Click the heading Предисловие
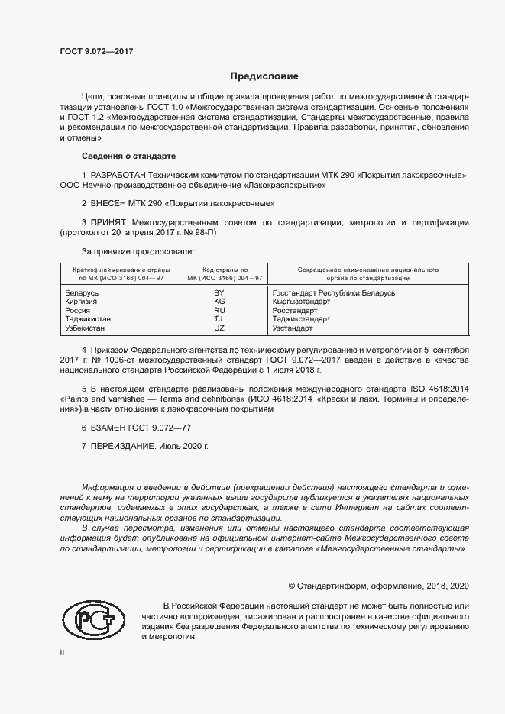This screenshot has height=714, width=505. tap(264, 76)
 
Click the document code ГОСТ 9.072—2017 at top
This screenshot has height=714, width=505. tap(96, 51)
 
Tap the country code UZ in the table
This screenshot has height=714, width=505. tap(219, 328)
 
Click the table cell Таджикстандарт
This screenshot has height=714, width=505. tap(301, 320)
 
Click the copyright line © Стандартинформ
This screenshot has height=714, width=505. tap(377, 586)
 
